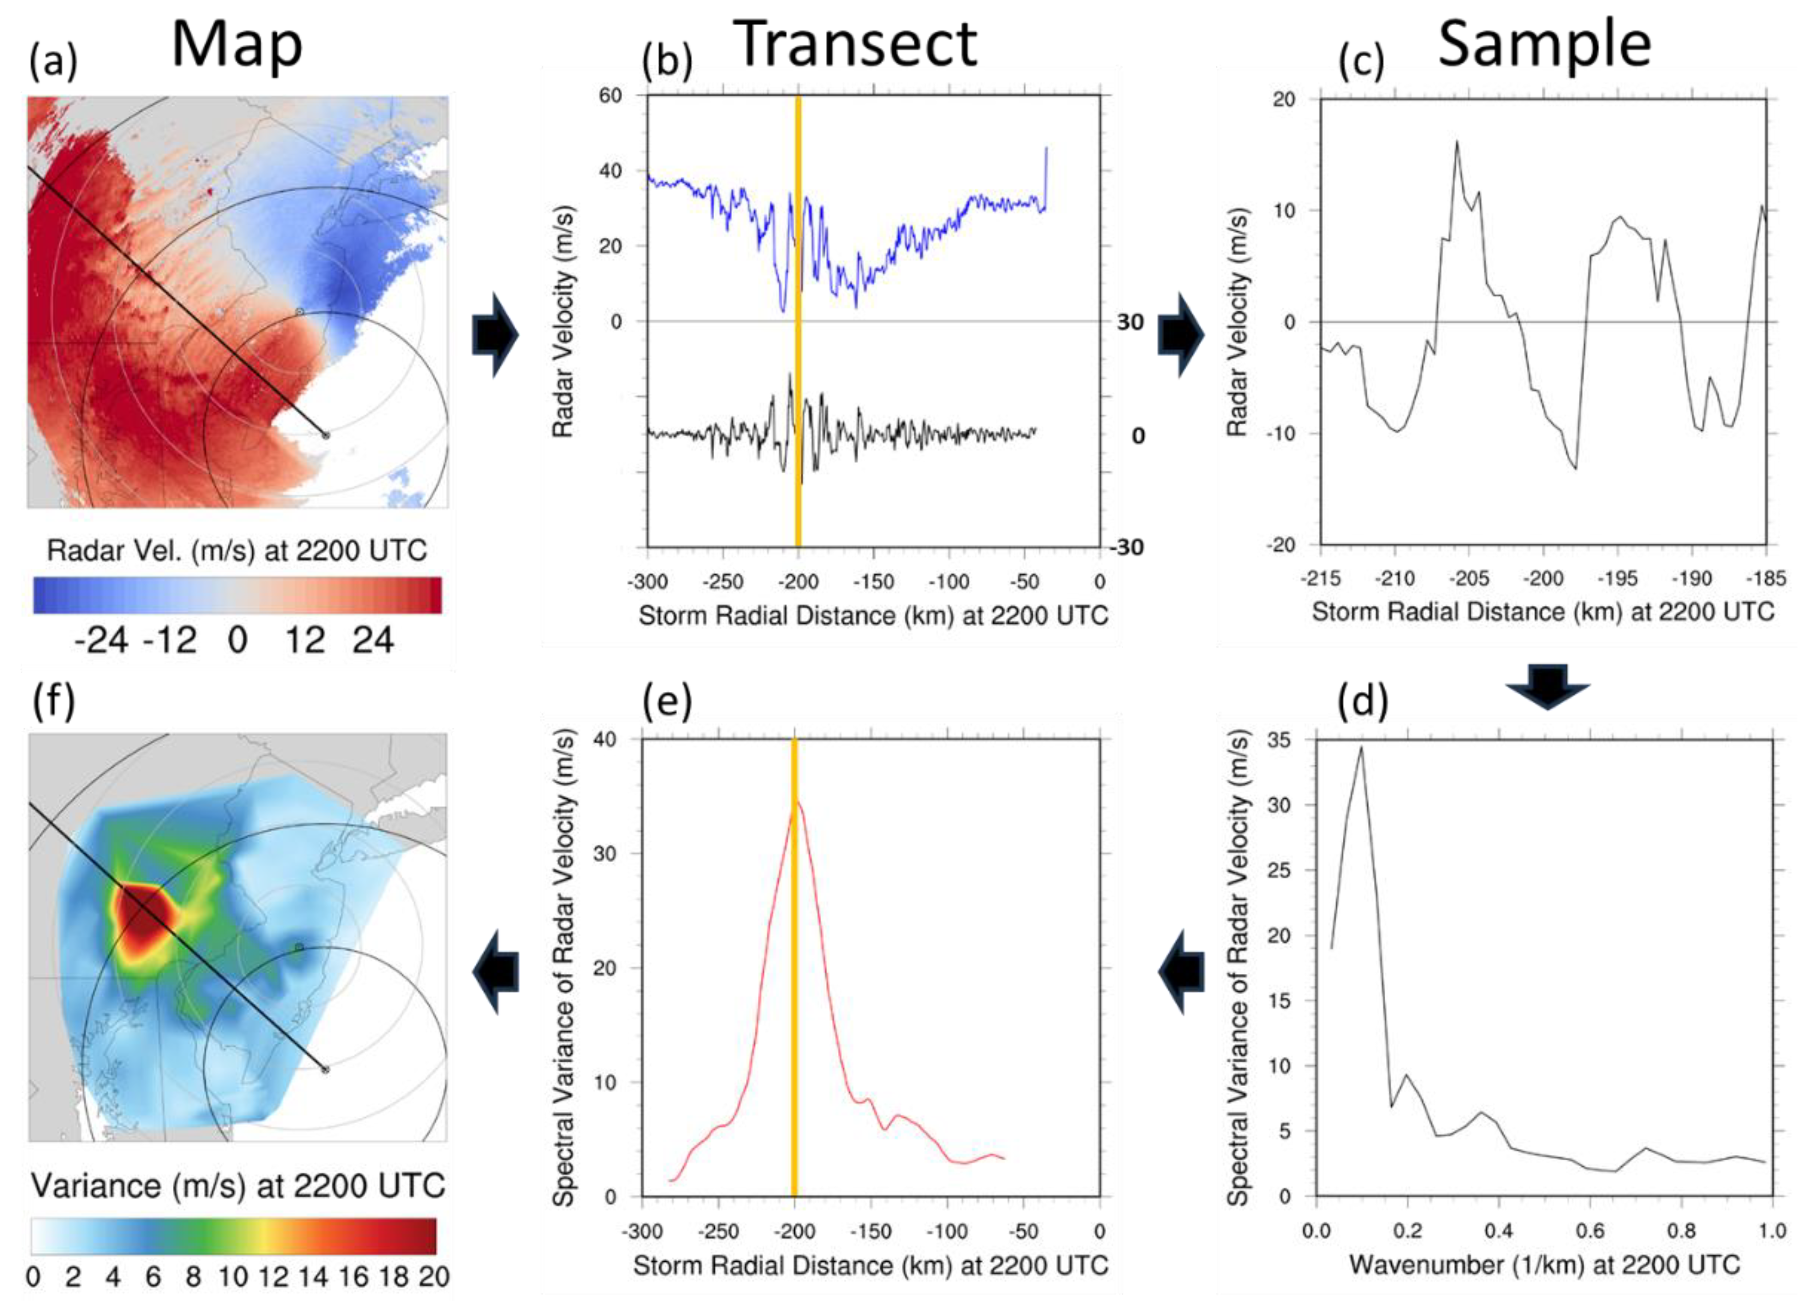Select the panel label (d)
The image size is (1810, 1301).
point(1362,701)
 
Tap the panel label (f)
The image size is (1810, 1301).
point(53,701)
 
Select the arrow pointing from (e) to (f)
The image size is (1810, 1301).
point(495,971)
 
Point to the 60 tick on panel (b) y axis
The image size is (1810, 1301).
point(611,96)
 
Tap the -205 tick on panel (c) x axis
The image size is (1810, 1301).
point(1468,579)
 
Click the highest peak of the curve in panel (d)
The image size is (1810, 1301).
point(1361,747)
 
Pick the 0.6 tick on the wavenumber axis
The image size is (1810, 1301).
point(1590,1231)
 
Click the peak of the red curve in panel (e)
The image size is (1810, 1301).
point(797,802)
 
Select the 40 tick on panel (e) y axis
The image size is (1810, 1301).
point(605,740)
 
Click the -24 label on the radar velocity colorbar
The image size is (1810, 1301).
point(101,641)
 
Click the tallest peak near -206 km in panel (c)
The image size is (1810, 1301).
point(1457,142)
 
